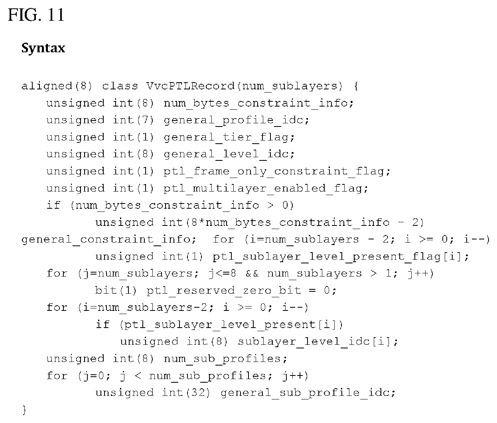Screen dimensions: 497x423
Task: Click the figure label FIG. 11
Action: [36, 15]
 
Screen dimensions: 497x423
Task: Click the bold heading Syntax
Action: [43, 48]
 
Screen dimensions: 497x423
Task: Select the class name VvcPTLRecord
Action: [190, 86]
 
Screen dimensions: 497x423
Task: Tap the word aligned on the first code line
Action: [47, 86]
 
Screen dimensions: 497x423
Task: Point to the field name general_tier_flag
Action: [227, 137]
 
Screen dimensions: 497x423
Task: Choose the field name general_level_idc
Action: [227, 154]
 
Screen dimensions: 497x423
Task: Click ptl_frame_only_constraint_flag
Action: [274, 172]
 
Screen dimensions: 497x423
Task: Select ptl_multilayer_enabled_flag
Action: [263, 188]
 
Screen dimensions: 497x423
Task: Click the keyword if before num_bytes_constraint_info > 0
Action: [53, 205]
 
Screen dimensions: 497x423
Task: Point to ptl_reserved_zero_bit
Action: [224, 291]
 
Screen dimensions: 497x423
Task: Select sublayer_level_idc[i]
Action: [314, 342]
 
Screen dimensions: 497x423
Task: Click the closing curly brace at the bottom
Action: [24, 410]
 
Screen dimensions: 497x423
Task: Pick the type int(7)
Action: [133, 120]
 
